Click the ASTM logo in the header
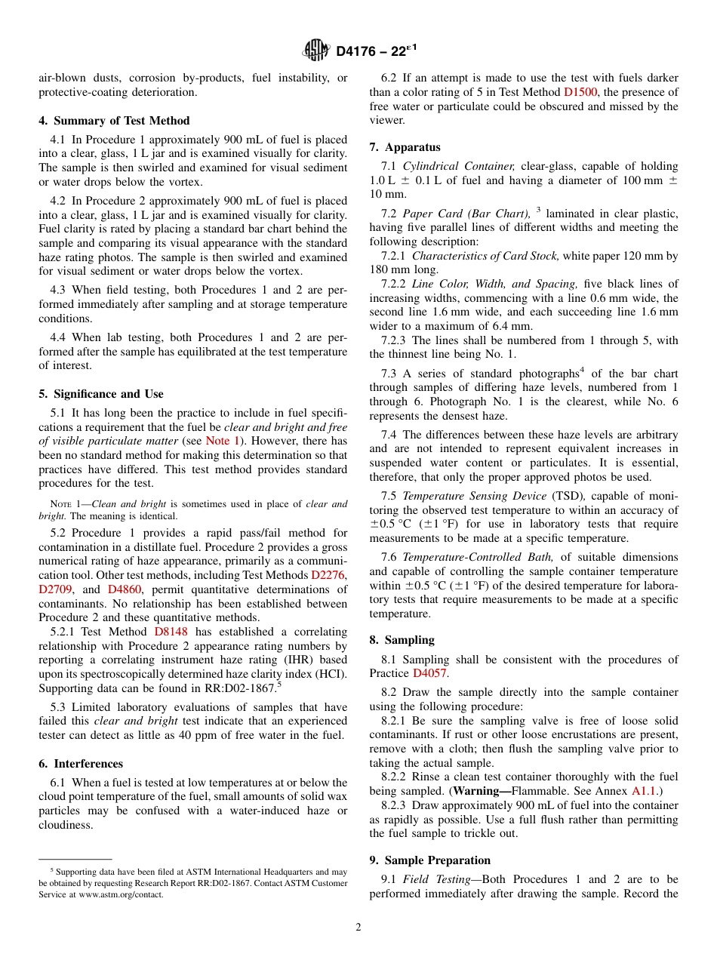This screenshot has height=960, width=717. pyautogui.click(x=316, y=51)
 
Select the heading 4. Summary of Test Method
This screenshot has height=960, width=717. pyautogui.click(x=114, y=121)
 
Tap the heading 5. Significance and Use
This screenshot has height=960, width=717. pyautogui.click(x=101, y=394)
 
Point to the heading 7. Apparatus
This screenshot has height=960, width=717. pyautogui.click(x=405, y=147)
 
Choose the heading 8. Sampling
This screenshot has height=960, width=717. pyautogui.click(x=402, y=640)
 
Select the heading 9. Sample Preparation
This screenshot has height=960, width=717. pyautogui.click(x=430, y=860)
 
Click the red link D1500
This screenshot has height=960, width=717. pyautogui.click(x=581, y=92)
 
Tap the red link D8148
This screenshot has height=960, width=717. pyautogui.click(x=171, y=632)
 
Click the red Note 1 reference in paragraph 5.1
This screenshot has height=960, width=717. pyautogui.click(x=223, y=441)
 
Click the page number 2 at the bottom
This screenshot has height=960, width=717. pyautogui.click(x=358, y=928)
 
